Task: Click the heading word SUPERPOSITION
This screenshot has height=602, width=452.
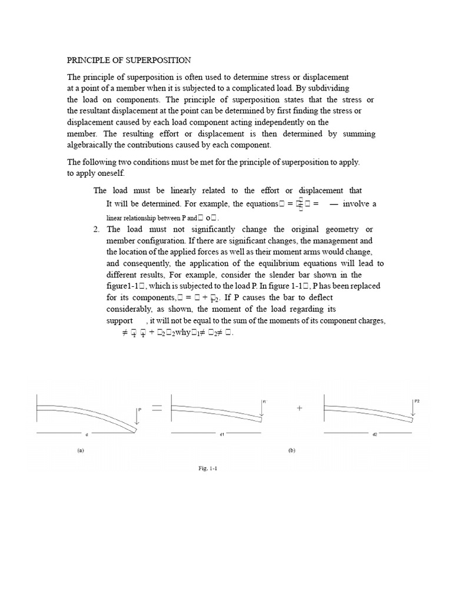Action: [x=159, y=61]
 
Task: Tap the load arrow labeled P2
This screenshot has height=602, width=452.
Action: [x=413, y=406]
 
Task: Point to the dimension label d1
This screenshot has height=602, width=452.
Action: [x=222, y=435]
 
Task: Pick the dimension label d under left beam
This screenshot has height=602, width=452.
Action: [x=87, y=435]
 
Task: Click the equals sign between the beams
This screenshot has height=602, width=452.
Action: [x=157, y=408]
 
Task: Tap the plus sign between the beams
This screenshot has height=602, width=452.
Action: [x=300, y=408]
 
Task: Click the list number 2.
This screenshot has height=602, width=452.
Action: [x=97, y=229]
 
